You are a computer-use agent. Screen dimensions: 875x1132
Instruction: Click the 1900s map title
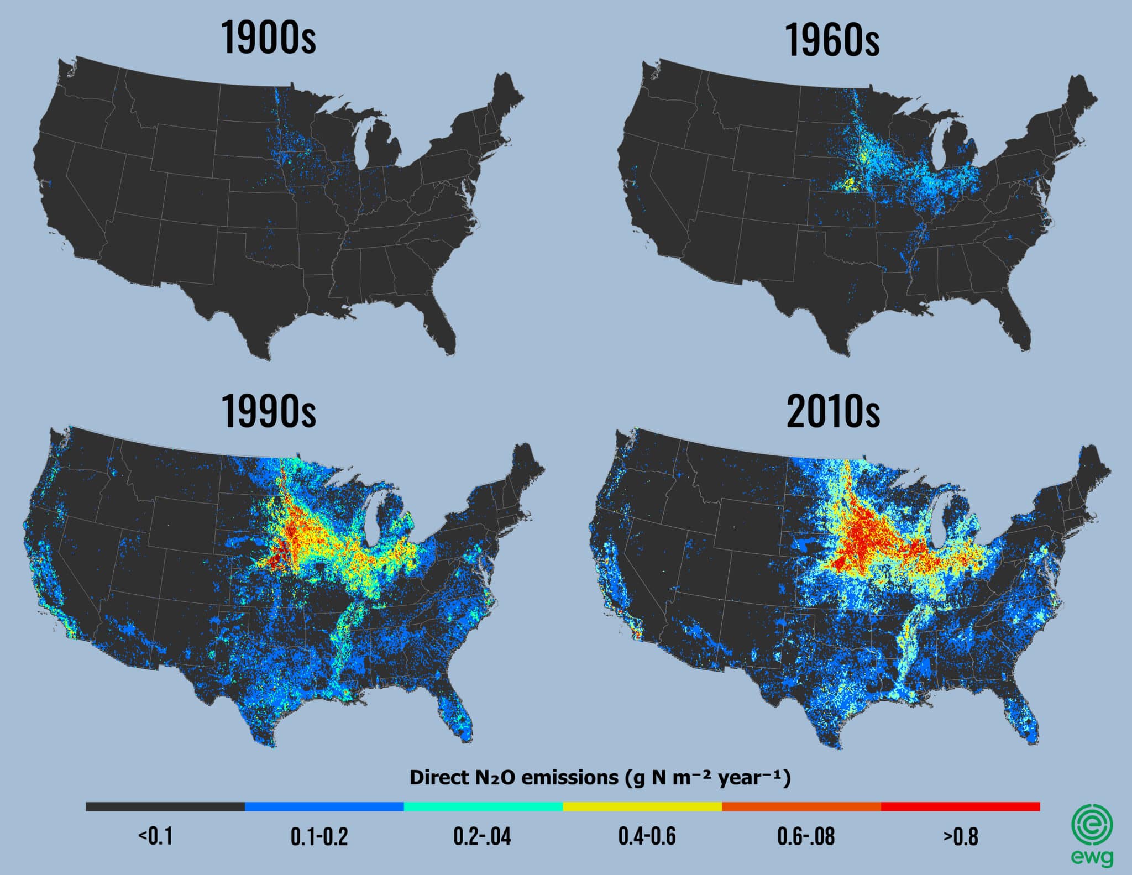269,38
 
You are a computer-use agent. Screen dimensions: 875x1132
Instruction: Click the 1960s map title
832,40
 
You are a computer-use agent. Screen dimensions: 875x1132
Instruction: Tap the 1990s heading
269,411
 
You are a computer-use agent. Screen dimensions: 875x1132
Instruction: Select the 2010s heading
832,412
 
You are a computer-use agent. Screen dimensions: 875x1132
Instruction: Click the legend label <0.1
155,836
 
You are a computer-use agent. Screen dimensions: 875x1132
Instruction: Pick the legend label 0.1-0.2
319,837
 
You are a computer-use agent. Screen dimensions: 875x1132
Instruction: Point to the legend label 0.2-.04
482,837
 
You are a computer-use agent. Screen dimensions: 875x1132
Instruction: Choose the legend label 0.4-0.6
647,837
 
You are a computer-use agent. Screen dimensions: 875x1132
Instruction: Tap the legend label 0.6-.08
806,837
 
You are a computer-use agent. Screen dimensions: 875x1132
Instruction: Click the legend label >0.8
961,837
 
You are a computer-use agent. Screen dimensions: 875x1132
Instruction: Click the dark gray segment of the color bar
165,806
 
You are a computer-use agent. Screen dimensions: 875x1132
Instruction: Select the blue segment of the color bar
324,806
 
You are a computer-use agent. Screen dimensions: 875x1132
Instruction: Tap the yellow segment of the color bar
642,806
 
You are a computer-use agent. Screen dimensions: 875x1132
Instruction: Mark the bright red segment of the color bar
960,806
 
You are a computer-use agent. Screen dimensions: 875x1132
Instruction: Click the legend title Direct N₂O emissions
600,778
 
